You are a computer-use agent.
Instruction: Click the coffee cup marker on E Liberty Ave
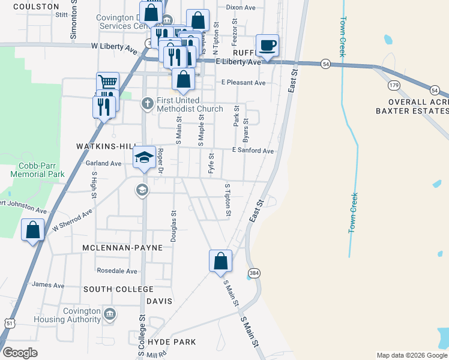tap(267, 46)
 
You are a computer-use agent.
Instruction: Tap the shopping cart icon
tap(108, 83)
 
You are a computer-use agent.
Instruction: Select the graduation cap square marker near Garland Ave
tap(144, 158)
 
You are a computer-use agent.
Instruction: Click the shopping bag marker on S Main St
tap(220, 261)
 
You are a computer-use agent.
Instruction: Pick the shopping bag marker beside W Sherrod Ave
tap(32, 230)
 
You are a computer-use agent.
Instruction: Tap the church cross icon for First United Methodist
tap(147, 104)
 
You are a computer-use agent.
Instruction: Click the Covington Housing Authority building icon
tap(110, 313)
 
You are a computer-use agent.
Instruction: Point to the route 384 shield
tap(255, 271)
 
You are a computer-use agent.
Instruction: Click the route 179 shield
tap(394, 86)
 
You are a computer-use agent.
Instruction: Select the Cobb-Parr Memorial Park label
tap(37, 170)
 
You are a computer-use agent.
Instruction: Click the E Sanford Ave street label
tap(254, 151)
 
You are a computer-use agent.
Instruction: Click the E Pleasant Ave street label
tap(243, 83)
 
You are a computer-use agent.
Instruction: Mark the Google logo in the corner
tap(20, 353)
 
